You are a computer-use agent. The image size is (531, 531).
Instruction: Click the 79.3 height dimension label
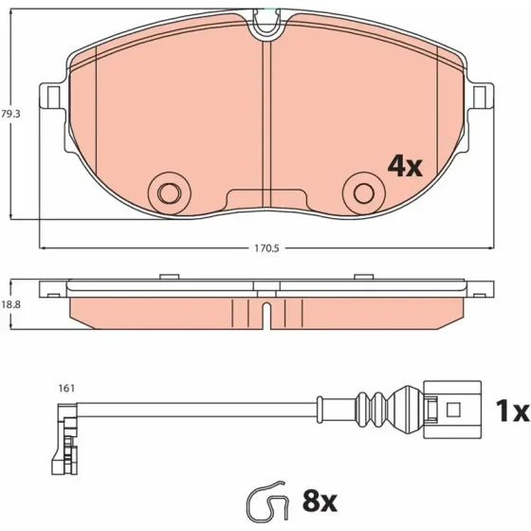tap(10, 114)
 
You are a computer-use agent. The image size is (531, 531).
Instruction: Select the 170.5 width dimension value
tap(266, 248)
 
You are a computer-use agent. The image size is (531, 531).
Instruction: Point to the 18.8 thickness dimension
tap(10, 304)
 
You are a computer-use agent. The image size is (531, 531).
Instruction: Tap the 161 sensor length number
tap(66, 388)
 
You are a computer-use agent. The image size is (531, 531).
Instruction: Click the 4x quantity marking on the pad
tap(405, 166)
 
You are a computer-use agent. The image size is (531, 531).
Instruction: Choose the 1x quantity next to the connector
tap(512, 411)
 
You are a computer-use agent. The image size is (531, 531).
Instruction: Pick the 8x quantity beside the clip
tap(320, 502)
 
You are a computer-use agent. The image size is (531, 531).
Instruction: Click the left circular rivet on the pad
tap(170, 193)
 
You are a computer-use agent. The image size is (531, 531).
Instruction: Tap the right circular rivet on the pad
tap(364, 193)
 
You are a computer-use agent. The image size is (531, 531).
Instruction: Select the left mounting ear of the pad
tap(52, 96)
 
